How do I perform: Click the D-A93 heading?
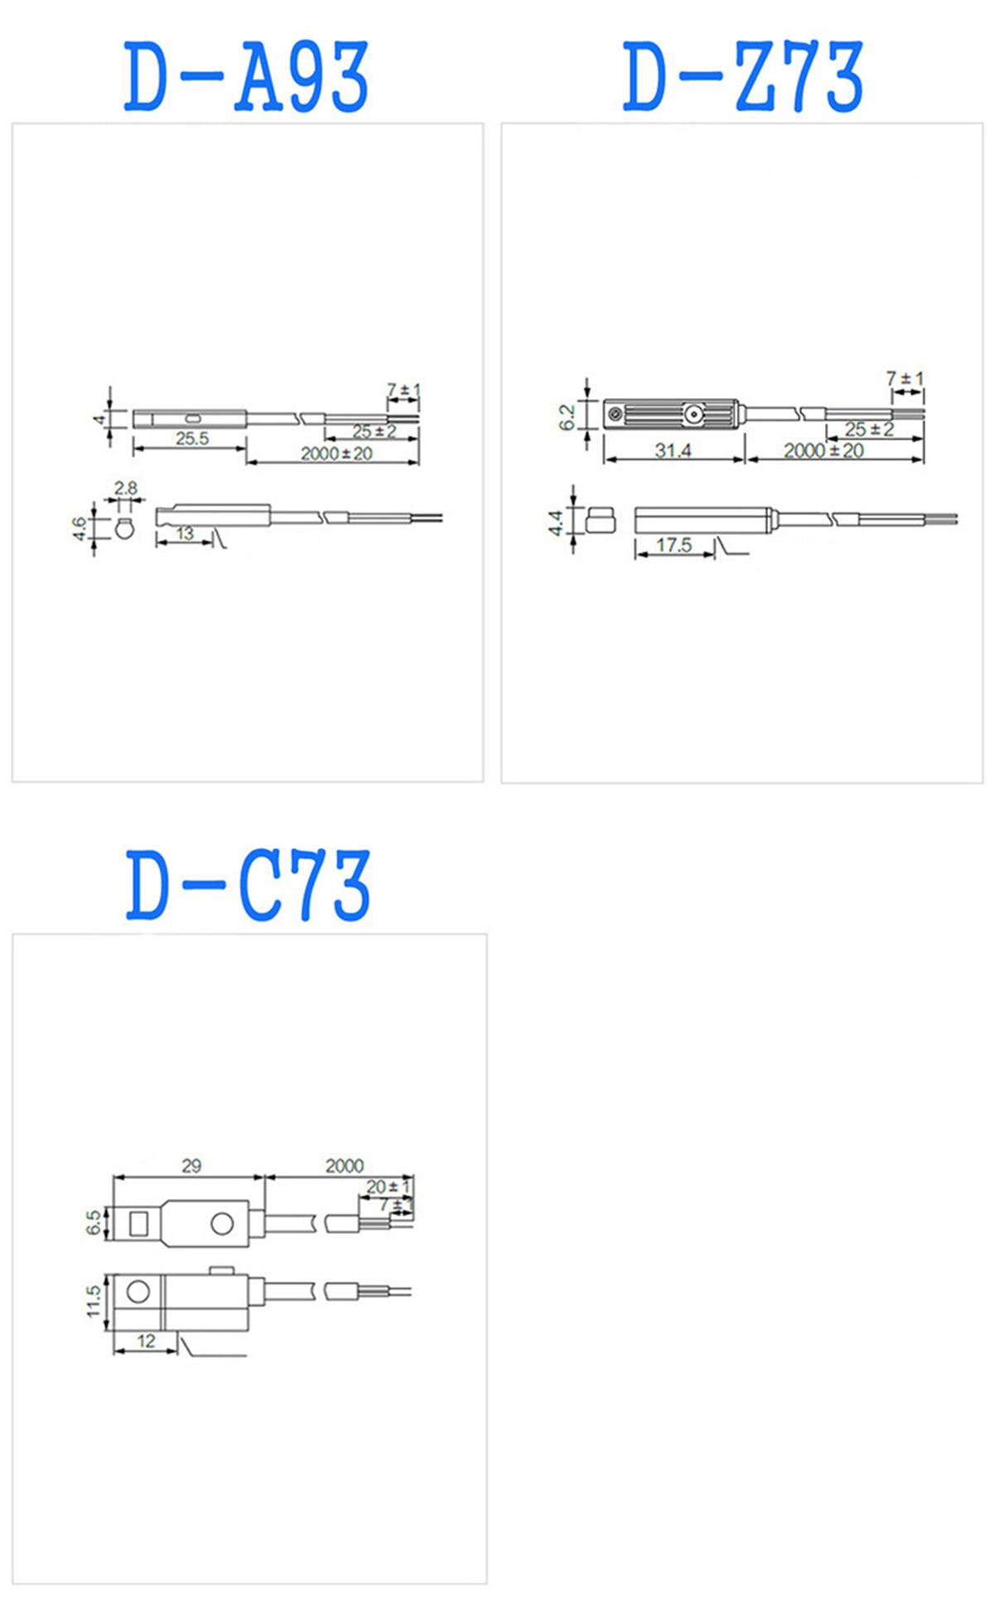point(246,78)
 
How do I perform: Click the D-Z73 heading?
point(743,78)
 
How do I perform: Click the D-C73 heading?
point(248,885)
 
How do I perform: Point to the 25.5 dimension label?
point(192,439)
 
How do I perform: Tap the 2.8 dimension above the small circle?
point(126,489)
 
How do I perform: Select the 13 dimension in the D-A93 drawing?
point(185,534)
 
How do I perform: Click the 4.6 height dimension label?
point(80,527)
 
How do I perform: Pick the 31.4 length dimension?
point(673,450)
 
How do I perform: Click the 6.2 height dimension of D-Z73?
point(567,416)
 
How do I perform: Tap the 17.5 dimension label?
point(673,545)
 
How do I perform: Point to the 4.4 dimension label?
point(556,522)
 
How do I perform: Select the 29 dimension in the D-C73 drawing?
point(191,1166)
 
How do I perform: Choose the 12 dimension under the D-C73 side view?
point(146,1341)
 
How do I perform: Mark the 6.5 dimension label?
point(94,1223)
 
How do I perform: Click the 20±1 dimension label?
point(388,1186)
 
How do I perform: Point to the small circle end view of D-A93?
point(125,527)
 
